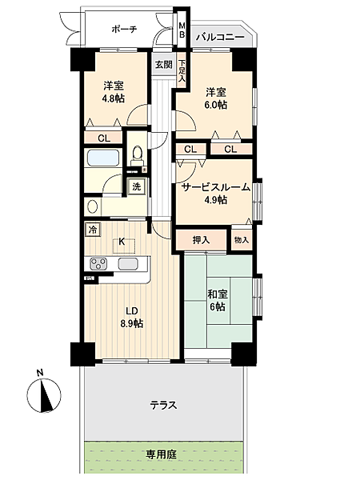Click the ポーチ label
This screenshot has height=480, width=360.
(124, 29)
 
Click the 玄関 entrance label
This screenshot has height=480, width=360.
(163, 64)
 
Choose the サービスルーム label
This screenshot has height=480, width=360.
(215, 186)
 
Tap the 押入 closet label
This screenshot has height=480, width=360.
(201, 238)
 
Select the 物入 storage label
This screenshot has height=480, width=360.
(242, 238)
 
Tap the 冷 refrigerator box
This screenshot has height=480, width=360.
(93, 229)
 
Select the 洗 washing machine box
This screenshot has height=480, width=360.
(137, 186)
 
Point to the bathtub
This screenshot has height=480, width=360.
(103, 158)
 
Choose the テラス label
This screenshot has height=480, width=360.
(164, 405)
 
